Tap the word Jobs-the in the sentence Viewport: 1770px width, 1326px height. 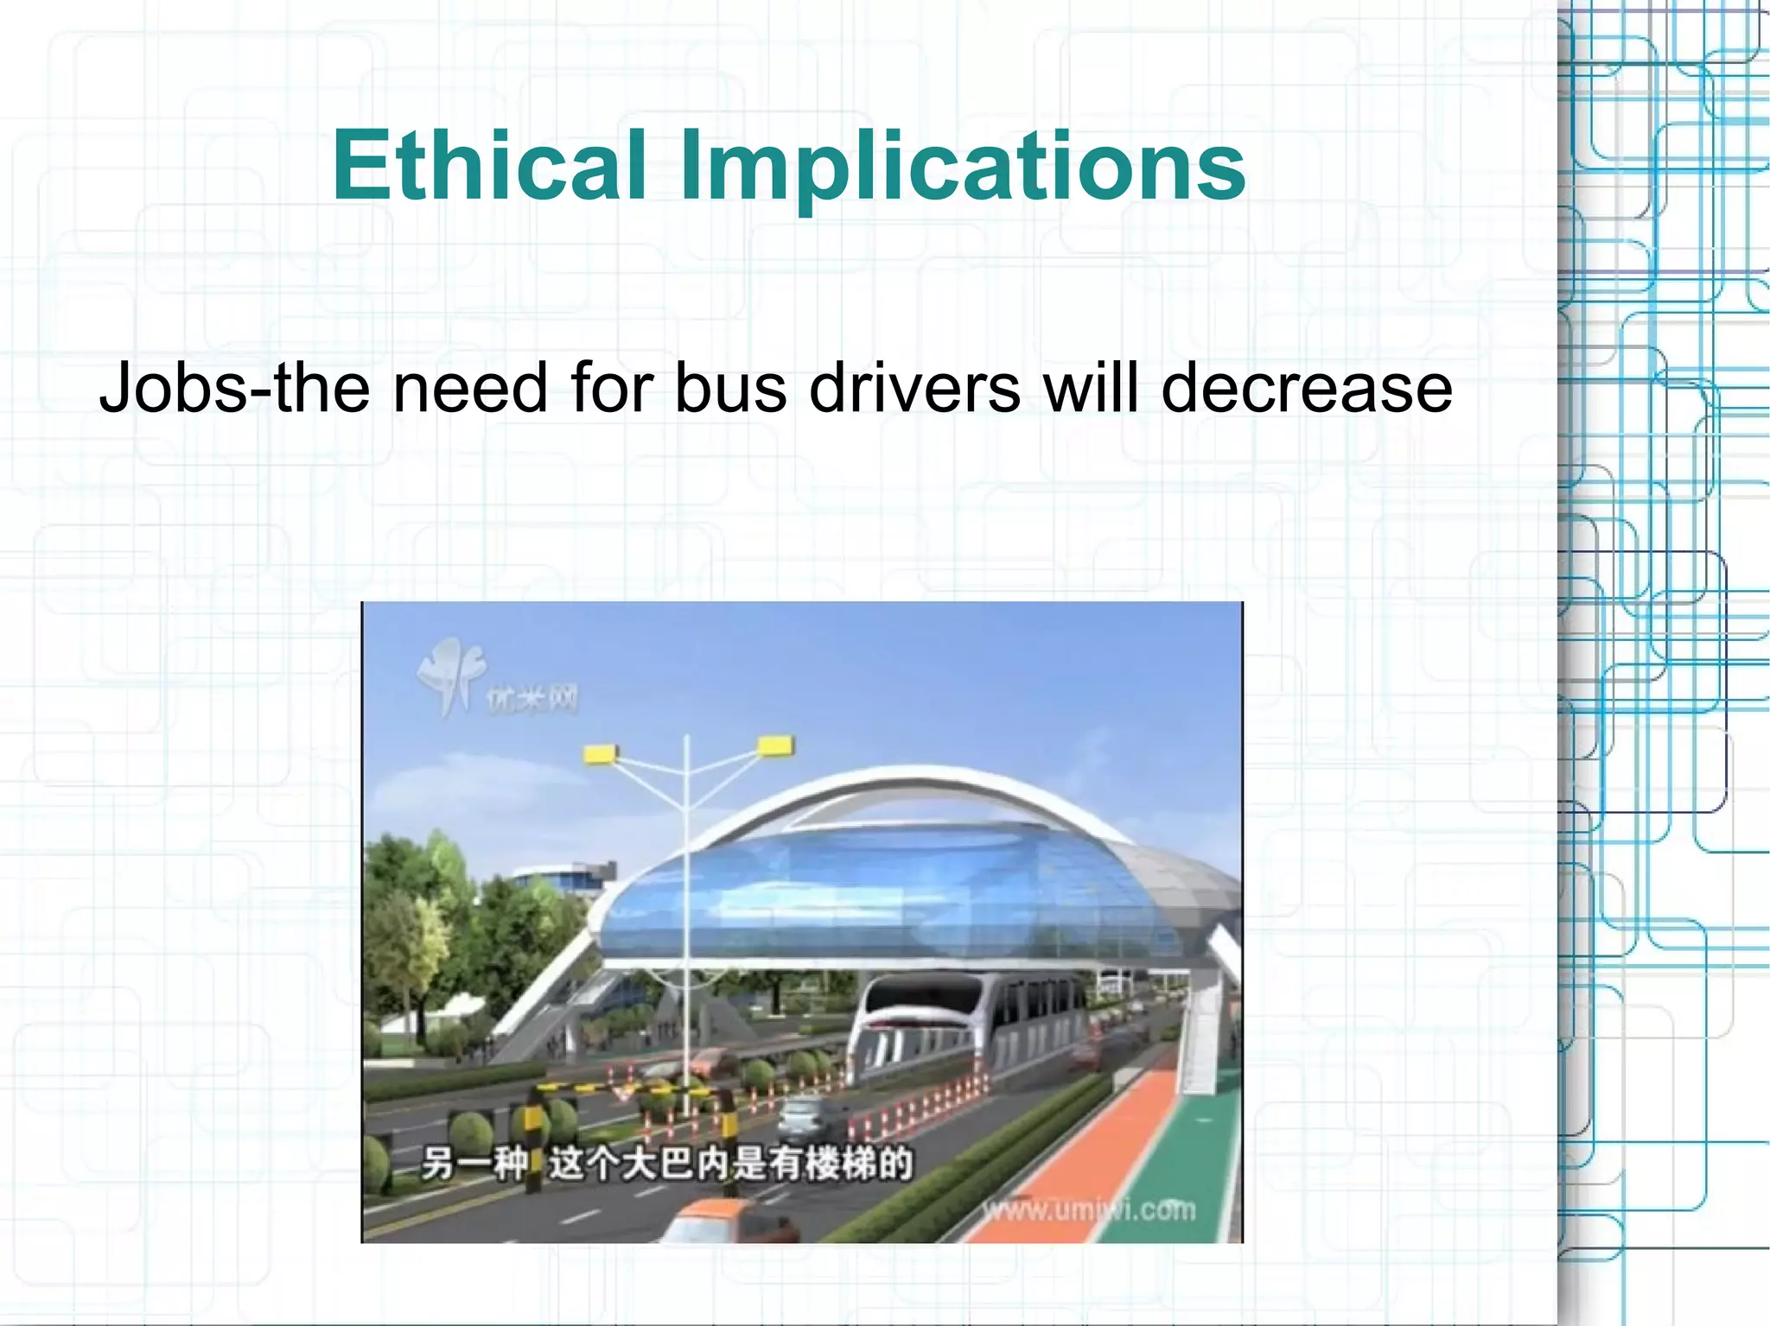[x=233, y=389]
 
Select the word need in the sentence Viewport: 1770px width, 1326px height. [x=470, y=389]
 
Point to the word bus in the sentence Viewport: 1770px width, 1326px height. [x=730, y=389]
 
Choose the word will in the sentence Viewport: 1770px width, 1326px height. [x=1092, y=389]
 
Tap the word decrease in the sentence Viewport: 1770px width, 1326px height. [x=1306, y=389]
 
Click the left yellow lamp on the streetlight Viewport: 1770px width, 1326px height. [x=600, y=754]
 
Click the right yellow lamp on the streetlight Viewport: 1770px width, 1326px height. [x=775, y=745]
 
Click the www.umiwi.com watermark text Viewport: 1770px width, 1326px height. [x=1089, y=1209]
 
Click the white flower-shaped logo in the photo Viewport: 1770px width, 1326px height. [x=449, y=674]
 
